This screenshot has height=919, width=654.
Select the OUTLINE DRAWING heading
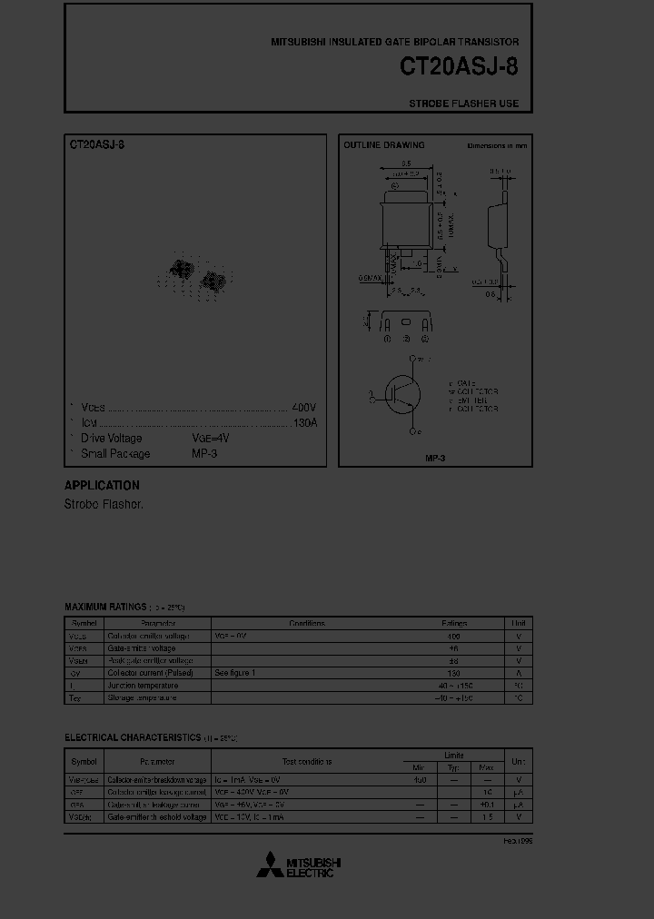383,145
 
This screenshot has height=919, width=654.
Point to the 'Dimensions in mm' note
497,145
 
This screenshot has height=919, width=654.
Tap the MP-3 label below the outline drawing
435,458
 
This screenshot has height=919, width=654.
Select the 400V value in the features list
304,408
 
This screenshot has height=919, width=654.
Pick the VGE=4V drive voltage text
211,439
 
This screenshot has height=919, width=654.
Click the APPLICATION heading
102,485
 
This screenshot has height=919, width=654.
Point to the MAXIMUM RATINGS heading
105,607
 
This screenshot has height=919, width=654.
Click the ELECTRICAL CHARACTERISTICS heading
133,737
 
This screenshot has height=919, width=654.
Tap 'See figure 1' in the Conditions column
235,673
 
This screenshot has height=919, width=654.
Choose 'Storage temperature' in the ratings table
144,697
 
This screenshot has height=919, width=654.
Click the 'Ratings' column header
454,624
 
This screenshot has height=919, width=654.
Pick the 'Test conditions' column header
306,762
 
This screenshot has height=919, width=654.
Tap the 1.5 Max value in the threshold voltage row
488,817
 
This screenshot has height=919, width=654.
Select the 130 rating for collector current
454,673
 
